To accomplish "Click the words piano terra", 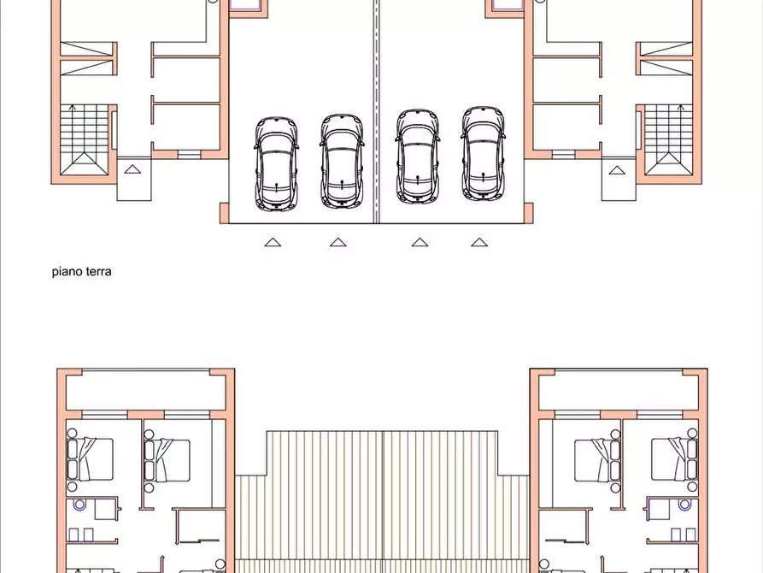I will coord(82,272).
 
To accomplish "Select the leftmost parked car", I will coord(276,163).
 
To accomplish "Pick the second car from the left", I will coord(342,161).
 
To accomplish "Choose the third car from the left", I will coord(417,157).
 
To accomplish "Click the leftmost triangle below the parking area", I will coord(273,242).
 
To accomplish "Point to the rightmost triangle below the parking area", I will coord(480,242).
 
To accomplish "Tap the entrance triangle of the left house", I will coord(132,169).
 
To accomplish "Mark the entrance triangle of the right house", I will coord(616,169).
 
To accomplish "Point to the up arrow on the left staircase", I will coord(72,109).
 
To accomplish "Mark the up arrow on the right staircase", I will coord(681,109).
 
